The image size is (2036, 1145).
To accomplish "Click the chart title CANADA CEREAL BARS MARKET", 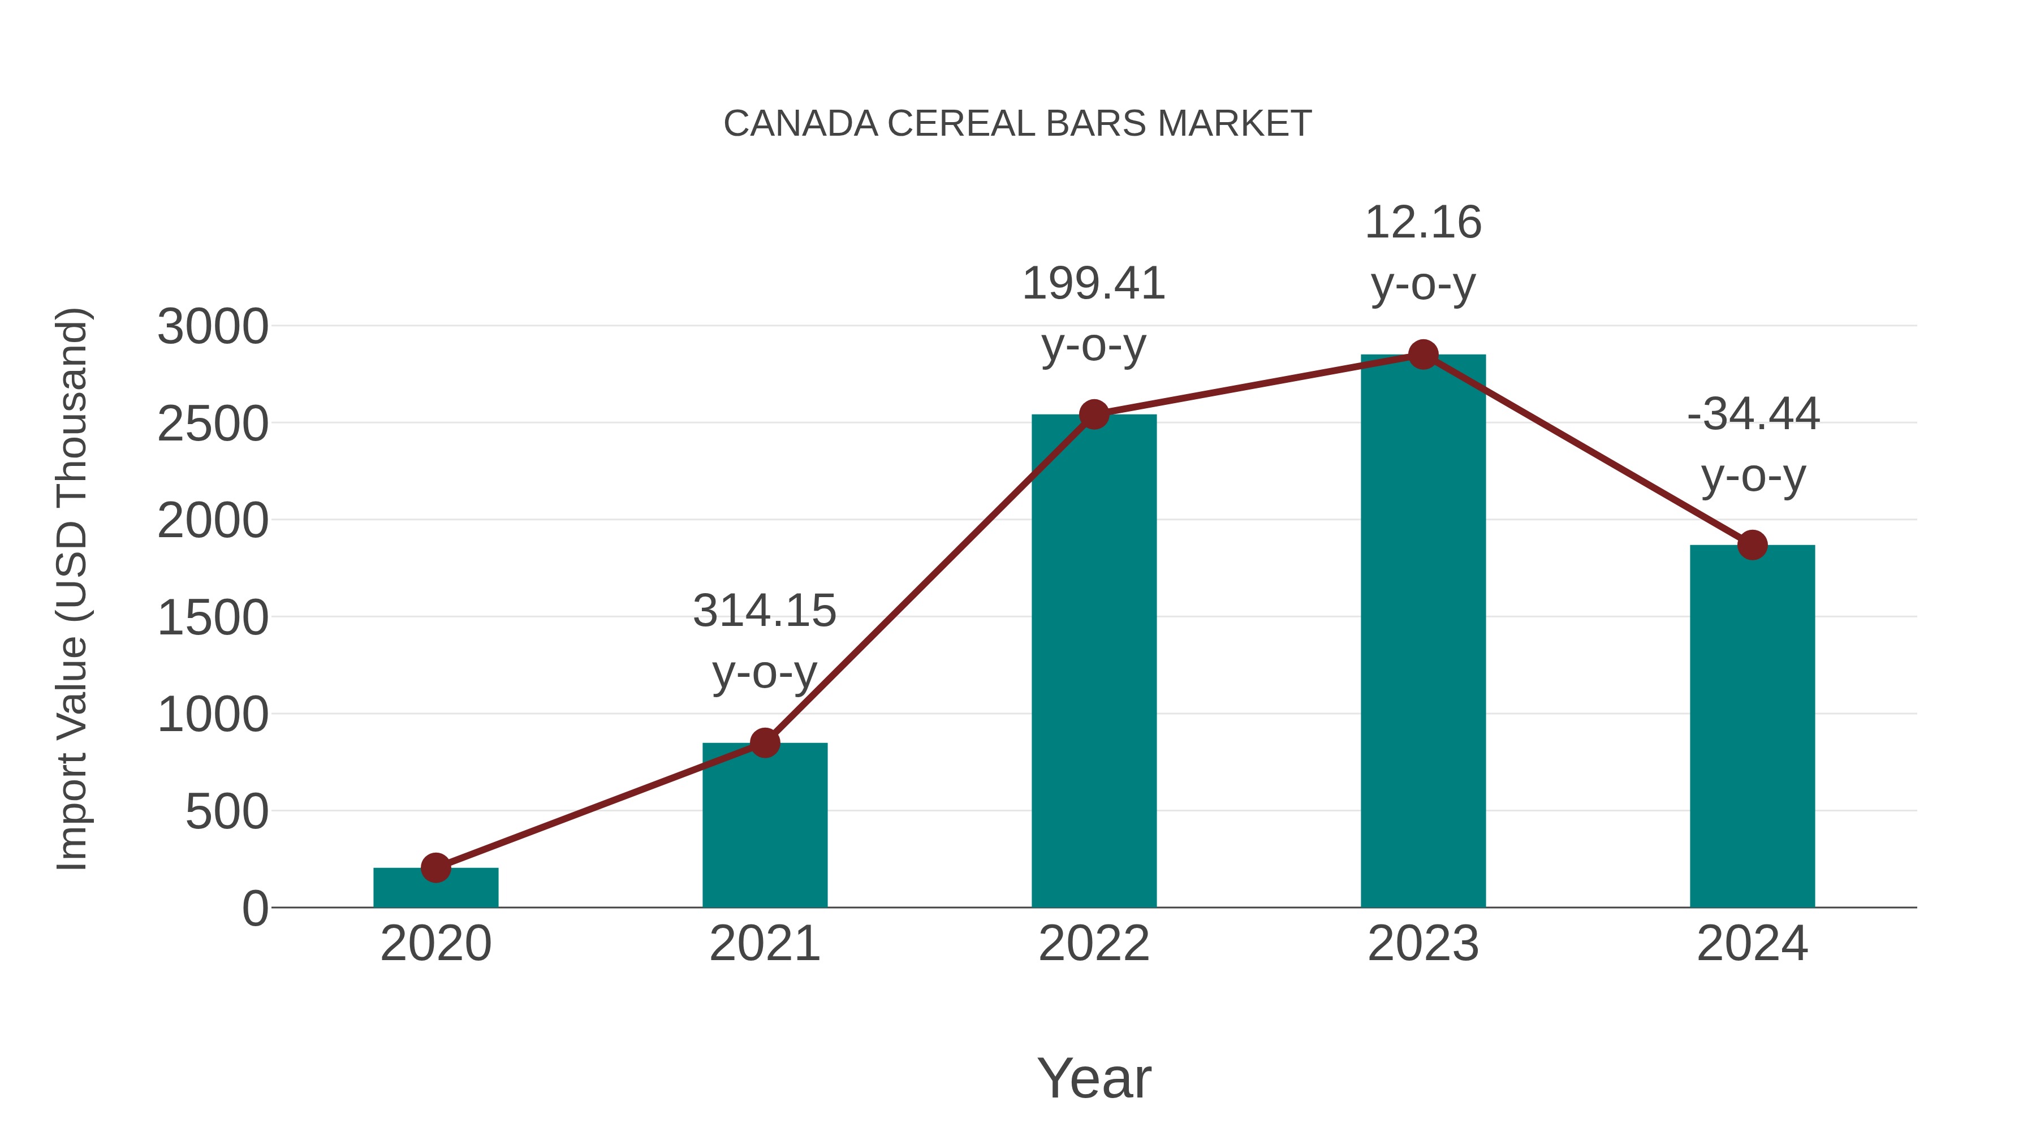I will coord(1017,124).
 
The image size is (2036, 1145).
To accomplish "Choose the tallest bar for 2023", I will coord(1423,632).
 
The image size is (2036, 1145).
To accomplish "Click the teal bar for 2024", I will coord(1752,727).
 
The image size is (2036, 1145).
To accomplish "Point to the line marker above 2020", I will coord(435,867).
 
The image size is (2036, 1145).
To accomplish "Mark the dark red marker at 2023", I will coord(1423,355).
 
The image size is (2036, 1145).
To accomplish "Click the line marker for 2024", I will coord(1752,545).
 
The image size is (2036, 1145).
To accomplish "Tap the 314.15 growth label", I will coord(764,611).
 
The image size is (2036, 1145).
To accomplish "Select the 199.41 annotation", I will coord(1094,284).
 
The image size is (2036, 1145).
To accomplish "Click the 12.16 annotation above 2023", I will coord(1423,223).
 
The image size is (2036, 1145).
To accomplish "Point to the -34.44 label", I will coord(1752,414).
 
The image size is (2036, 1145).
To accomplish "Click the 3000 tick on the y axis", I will coord(213,327).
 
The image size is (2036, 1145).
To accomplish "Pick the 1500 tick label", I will coord(213,618).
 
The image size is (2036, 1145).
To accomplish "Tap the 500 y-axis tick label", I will coord(227,813).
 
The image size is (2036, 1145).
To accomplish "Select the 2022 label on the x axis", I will coord(1094,944).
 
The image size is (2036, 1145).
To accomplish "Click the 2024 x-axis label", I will coord(1752,944).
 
